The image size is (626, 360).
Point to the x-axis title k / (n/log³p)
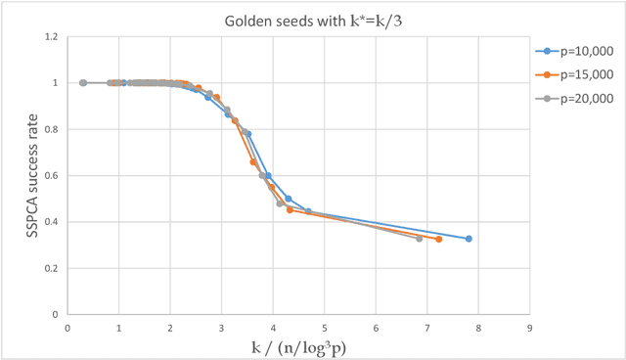(298, 345)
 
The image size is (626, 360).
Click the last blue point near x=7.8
(469, 239)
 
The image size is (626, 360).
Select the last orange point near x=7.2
(439, 239)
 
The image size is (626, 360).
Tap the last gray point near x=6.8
(420, 239)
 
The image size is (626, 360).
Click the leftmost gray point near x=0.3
(83, 83)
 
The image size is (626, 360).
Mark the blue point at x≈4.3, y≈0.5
(289, 199)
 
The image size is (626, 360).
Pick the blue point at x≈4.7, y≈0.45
(308, 211)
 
